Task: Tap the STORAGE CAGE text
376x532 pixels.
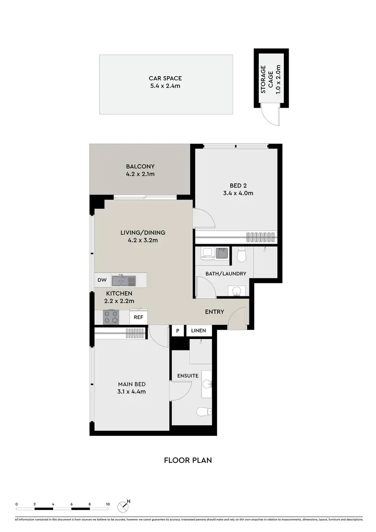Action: (271, 79)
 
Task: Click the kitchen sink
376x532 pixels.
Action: (124, 280)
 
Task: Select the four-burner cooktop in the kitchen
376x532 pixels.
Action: (110, 317)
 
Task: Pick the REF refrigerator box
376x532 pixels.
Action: (138, 317)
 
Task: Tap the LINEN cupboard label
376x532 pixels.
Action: (199, 331)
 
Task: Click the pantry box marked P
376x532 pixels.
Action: (177, 331)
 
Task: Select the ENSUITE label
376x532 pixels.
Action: (188, 376)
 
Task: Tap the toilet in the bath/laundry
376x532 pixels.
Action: (241, 256)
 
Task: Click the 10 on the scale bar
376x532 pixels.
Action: (108, 503)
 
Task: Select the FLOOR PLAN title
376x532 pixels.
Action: (187, 460)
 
